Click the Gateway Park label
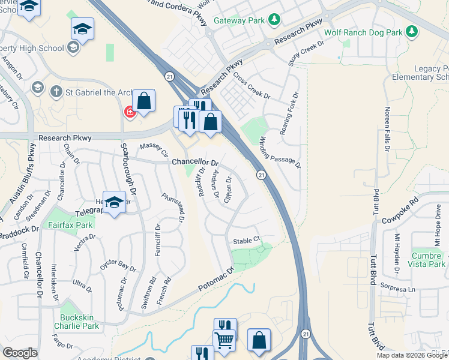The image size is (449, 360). [238, 20]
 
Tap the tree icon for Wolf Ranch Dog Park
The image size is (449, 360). [412, 31]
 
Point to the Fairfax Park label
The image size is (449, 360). [71, 226]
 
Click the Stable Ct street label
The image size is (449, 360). [246, 240]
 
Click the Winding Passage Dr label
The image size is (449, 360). [279, 151]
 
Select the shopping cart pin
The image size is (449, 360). [224, 340]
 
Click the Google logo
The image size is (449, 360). [20, 353]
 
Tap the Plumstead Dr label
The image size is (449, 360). [172, 208]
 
